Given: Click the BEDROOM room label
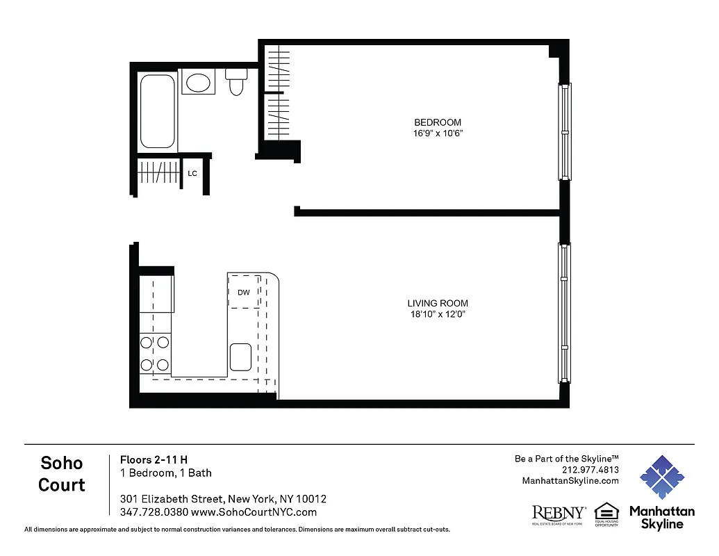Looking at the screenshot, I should [x=437, y=122].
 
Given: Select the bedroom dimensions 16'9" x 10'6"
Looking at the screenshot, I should [x=437, y=133].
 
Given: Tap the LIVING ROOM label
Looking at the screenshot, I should [x=437, y=303].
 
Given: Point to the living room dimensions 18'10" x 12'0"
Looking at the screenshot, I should [x=437, y=314].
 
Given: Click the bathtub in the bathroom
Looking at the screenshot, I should [x=158, y=111].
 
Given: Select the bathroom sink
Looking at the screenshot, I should [x=199, y=83].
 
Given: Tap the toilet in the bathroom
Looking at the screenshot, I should [x=236, y=81].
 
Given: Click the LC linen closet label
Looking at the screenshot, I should [x=192, y=173].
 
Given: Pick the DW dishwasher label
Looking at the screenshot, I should [x=243, y=293].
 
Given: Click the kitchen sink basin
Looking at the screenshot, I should [x=241, y=357].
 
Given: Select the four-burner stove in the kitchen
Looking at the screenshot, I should [x=155, y=353].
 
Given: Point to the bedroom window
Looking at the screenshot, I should [x=565, y=131].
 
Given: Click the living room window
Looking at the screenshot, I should [x=565, y=313].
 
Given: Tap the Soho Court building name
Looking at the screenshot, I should [x=62, y=473].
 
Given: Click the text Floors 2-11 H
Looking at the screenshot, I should [x=154, y=459].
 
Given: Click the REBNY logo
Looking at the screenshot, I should [x=559, y=514].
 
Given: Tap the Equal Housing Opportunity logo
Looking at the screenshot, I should [x=606, y=514].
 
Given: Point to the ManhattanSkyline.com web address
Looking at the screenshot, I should [x=570, y=481].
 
